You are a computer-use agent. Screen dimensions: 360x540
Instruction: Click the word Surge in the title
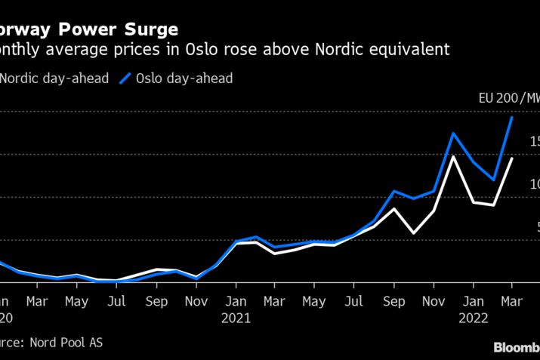[x=150, y=30]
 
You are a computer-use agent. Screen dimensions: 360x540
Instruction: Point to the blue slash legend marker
[x=125, y=78]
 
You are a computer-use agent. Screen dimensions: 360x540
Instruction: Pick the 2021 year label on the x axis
[x=236, y=318]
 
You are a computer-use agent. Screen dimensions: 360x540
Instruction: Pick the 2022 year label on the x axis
[x=473, y=318]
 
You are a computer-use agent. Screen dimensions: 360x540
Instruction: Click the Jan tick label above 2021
[x=236, y=300]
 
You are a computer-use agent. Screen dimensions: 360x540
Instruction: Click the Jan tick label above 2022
[x=473, y=300]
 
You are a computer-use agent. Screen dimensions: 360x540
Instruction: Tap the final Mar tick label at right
[x=512, y=300]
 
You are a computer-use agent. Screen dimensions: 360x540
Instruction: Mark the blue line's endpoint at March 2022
[x=512, y=118]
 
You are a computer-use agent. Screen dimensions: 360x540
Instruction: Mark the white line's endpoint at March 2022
[x=512, y=158]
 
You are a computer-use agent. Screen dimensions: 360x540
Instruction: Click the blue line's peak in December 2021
[x=452, y=134]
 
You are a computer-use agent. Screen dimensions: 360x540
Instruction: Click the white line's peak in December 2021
[x=452, y=156]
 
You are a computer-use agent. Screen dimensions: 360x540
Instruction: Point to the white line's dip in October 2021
[x=413, y=232]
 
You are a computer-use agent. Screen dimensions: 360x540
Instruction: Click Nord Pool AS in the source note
[x=66, y=343]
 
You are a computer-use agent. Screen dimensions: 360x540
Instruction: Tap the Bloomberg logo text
[x=517, y=347]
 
